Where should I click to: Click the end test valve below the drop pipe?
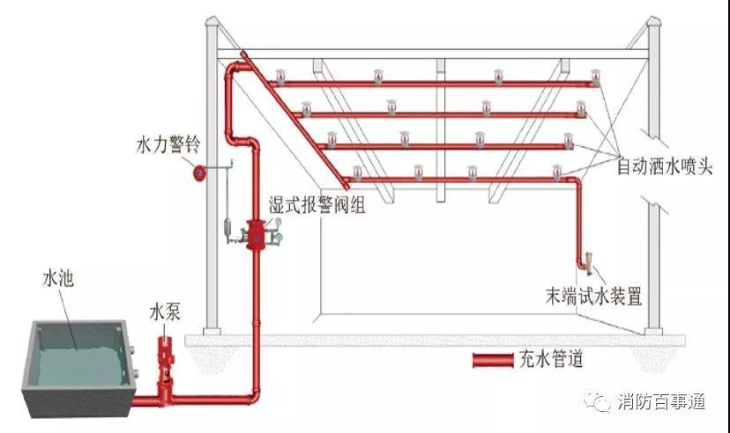point(588,261)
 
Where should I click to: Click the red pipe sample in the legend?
point(495,359)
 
